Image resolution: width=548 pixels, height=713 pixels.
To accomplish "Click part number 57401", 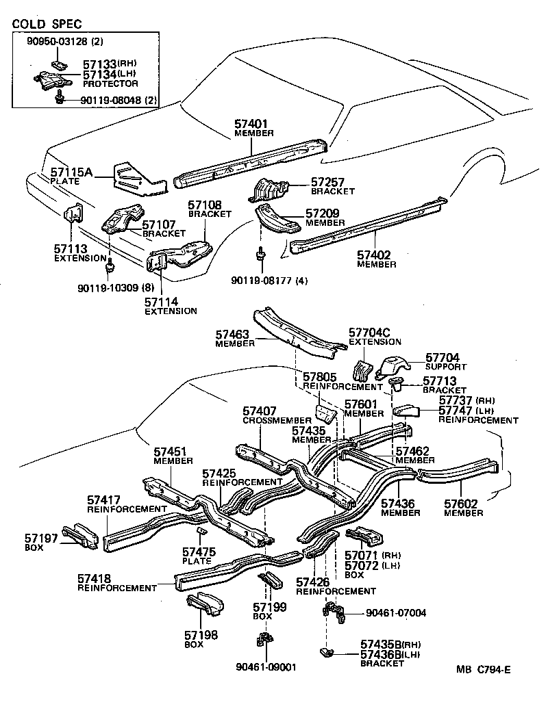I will pyautogui.click(x=251, y=125).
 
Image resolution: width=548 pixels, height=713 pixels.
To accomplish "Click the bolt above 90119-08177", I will pyautogui.click(x=261, y=256).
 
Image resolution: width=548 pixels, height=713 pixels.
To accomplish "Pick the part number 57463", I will pyautogui.click(x=232, y=335).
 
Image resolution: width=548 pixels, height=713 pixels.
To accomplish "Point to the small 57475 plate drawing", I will pyautogui.click(x=201, y=532).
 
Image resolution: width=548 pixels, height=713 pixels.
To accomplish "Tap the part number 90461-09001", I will pyautogui.click(x=266, y=667).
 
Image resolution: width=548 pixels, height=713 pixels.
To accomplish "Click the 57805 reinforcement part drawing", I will pyautogui.click(x=323, y=414).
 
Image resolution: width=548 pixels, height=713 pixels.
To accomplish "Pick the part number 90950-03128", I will pyautogui.click(x=57, y=42).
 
